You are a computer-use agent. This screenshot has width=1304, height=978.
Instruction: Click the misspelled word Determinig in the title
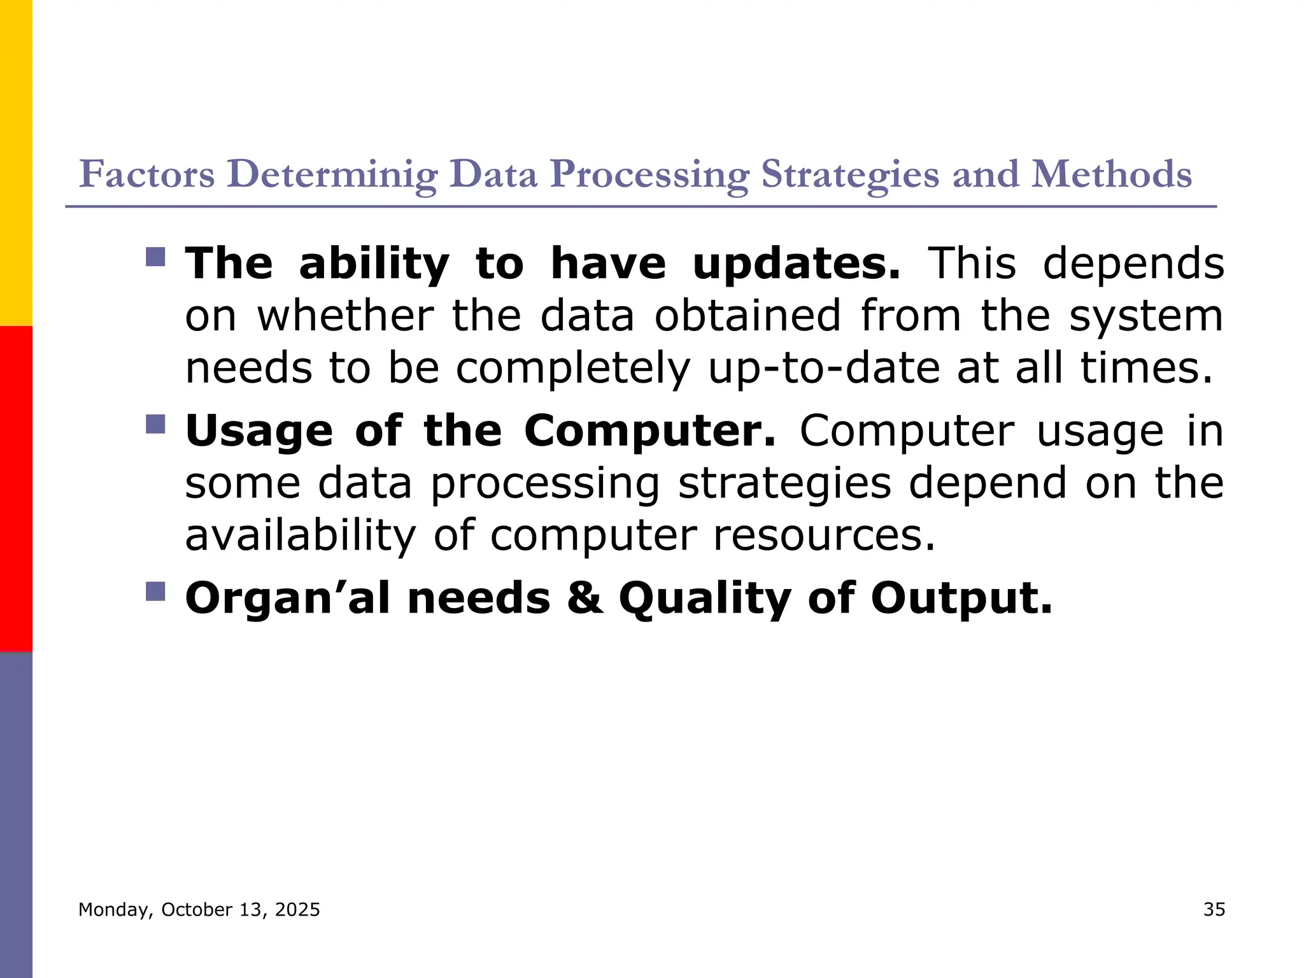(332, 174)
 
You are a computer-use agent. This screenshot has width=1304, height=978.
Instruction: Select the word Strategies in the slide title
(849, 174)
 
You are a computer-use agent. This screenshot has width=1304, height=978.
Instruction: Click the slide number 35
(1214, 909)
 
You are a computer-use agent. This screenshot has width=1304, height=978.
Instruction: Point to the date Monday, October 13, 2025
(199, 909)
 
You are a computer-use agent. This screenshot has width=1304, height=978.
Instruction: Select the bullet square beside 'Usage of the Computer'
(155, 424)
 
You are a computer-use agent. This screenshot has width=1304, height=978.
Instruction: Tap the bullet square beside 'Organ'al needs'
(155, 592)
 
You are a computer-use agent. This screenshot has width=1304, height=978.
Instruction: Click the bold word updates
(797, 264)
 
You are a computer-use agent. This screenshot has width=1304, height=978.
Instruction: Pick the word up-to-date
(824, 368)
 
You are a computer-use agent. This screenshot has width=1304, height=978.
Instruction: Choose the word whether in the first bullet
(345, 316)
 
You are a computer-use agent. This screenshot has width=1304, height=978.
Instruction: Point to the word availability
(300, 535)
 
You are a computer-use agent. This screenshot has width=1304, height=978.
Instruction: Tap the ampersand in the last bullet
(585, 598)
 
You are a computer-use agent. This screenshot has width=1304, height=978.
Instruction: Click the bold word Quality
(705, 599)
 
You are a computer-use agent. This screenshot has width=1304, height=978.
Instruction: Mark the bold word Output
(961, 599)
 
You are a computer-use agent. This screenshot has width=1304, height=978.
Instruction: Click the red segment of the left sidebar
(16, 488)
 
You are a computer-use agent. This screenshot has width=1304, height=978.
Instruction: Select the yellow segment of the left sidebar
(16, 162)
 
